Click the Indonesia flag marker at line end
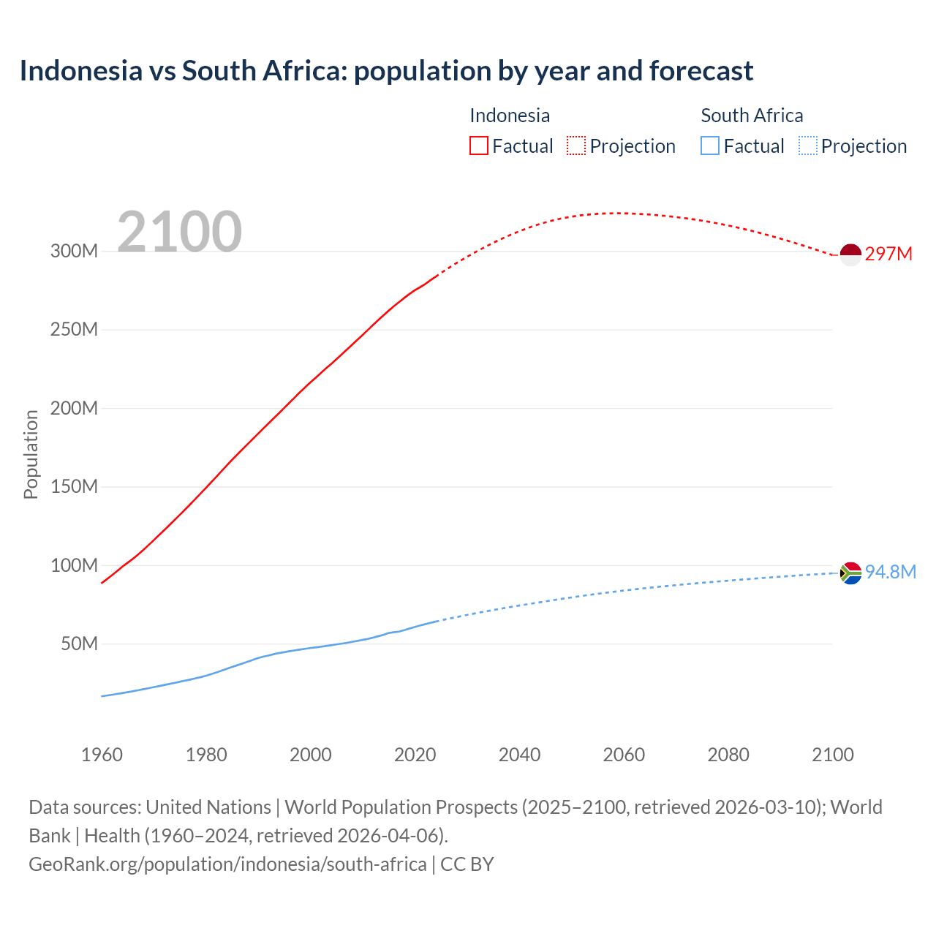850,254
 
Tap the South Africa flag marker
850,573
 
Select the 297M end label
888,254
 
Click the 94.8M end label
890,572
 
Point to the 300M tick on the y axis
74,251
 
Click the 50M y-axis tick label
79,644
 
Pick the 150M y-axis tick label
74,487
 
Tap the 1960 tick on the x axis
102,755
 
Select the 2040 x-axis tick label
519,755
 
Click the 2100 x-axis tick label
832,755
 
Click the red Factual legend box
479,146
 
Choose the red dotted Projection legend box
576,146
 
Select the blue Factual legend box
710,146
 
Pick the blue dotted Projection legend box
808,146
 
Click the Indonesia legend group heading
510,116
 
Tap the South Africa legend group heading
752,116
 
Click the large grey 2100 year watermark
179,232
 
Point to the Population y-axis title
31,454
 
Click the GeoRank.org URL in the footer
227,864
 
